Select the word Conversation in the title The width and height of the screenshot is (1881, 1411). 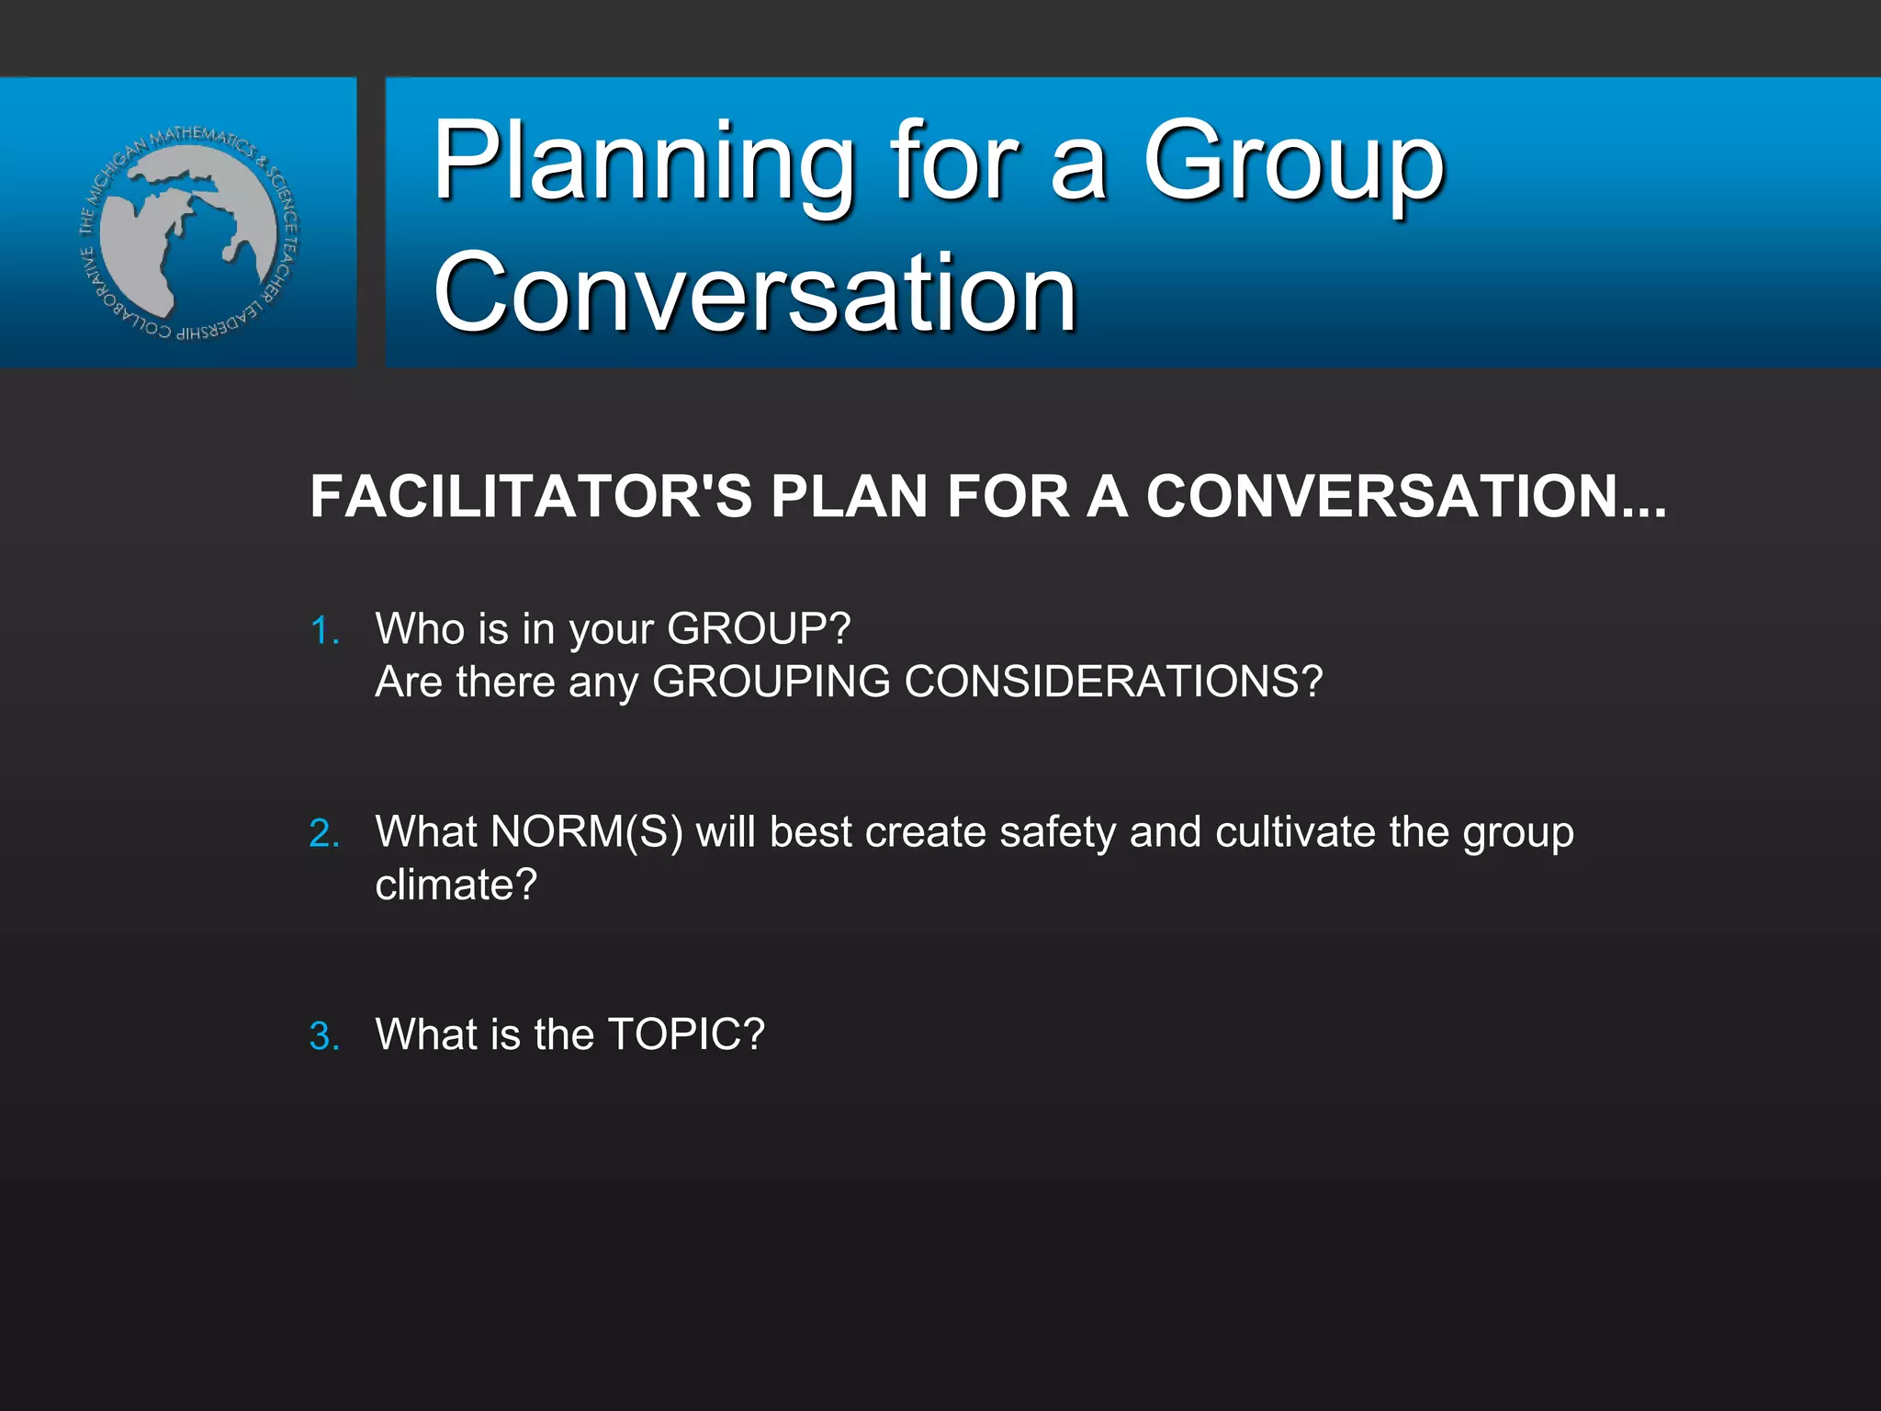(x=754, y=294)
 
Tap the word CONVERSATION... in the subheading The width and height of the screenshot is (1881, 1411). (x=1405, y=497)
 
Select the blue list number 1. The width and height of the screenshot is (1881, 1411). (x=323, y=631)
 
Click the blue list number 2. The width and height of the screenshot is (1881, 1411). (x=323, y=834)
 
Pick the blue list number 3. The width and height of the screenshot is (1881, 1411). (x=323, y=1037)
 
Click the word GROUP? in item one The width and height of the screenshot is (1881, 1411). (x=759, y=630)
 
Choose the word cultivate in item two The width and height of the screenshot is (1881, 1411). (x=1295, y=832)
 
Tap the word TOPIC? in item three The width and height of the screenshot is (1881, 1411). (x=685, y=1035)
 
